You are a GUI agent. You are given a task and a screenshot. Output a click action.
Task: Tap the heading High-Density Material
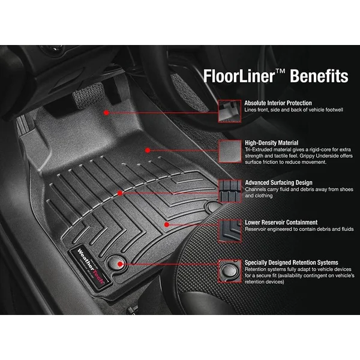point(272,143)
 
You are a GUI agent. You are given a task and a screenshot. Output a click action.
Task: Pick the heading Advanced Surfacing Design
point(278,182)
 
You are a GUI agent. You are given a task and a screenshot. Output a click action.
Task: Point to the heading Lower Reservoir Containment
point(281,222)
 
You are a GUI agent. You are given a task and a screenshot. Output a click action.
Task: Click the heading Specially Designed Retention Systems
point(291,262)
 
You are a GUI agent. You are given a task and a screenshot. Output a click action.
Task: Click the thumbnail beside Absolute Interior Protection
point(230,111)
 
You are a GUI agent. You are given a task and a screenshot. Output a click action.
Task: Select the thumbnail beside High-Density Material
point(230,150)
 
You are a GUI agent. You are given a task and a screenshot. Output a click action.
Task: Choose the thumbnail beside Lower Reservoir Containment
point(230,229)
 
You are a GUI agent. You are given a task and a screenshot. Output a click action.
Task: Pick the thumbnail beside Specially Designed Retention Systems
point(230,269)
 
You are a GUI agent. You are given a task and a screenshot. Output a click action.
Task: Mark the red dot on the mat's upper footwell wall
point(107,112)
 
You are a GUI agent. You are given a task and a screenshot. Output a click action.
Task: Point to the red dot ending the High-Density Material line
point(147,149)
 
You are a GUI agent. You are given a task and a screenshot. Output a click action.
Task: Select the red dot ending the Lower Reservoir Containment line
point(166,223)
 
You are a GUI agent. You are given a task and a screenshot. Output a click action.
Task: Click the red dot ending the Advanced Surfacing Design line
point(121,193)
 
